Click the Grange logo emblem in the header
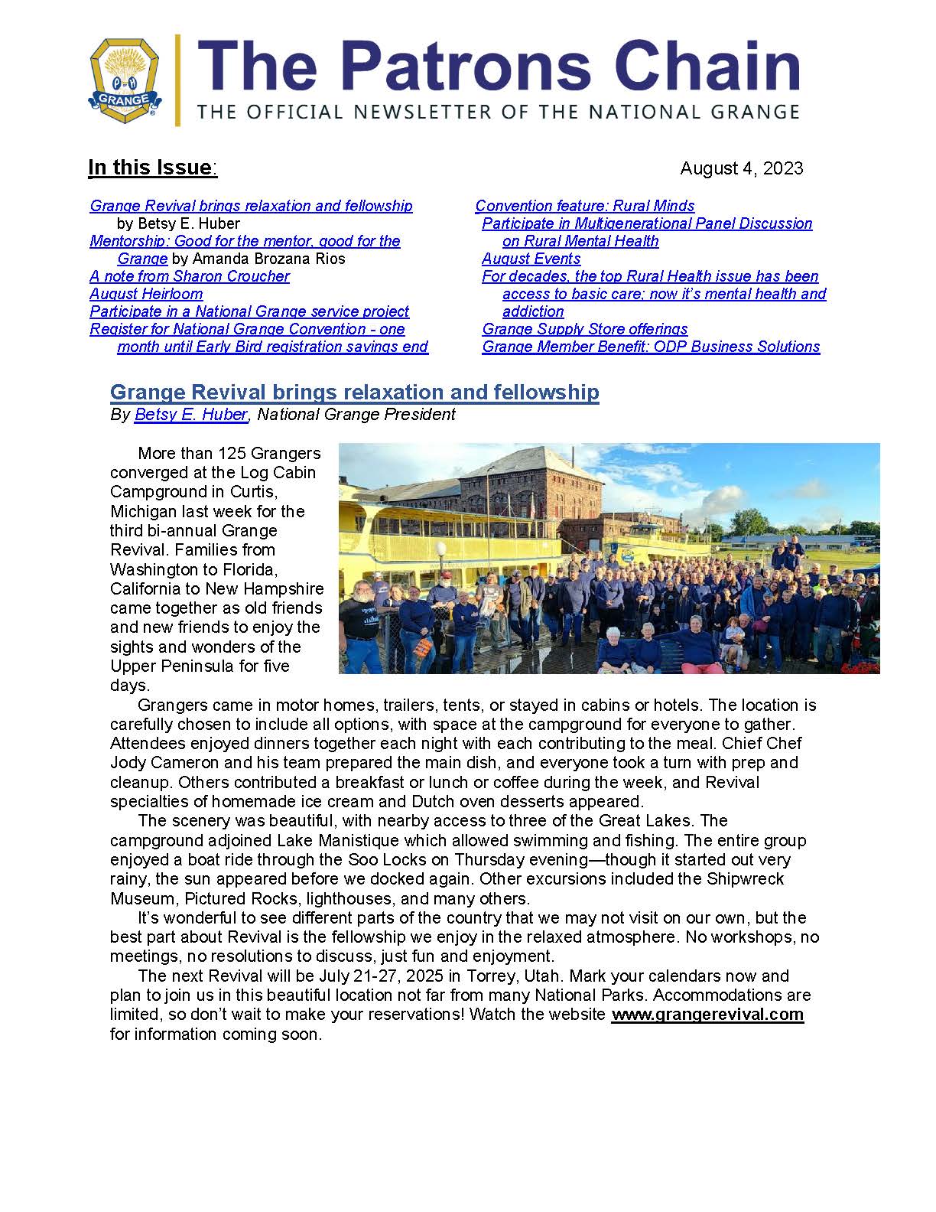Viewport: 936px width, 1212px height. [x=125, y=79]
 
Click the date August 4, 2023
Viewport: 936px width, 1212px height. [x=741, y=168]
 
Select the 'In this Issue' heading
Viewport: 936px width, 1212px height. [x=151, y=168]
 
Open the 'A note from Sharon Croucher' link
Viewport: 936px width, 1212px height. [x=190, y=276]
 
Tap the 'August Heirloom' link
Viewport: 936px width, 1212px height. [x=146, y=294]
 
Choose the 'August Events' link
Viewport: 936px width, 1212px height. [x=531, y=259]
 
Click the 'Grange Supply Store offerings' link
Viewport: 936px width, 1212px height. [x=584, y=329]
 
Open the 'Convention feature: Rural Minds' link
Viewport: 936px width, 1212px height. [x=584, y=206]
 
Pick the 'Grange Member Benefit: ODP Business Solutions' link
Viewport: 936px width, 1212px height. [x=650, y=347]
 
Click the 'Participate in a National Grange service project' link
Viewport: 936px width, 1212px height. [x=249, y=311]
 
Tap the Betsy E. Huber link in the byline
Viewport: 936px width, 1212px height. [x=190, y=415]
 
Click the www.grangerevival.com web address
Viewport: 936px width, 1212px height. [x=707, y=1015]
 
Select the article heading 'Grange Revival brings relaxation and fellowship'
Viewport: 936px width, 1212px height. [x=354, y=393]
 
